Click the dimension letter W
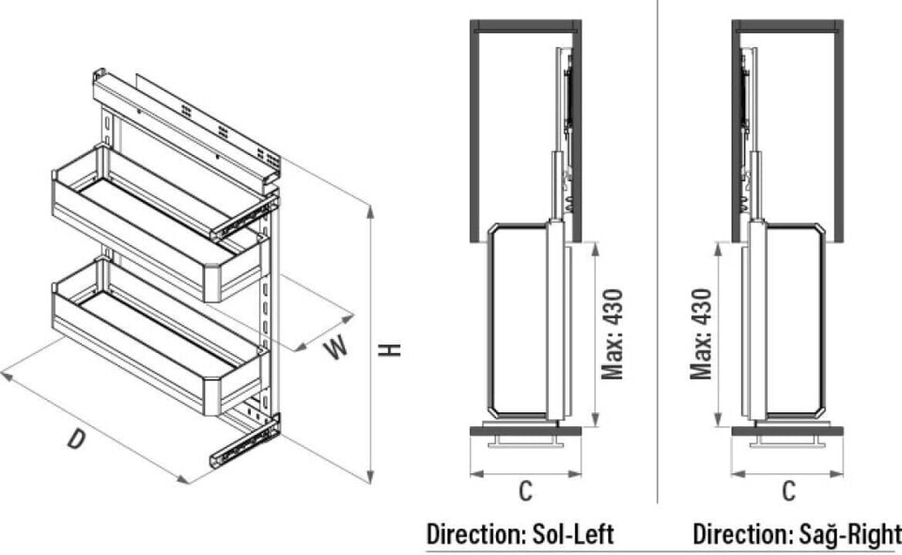click(x=335, y=347)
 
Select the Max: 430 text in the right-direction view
click(x=701, y=334)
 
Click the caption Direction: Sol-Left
click(x=520, y=535)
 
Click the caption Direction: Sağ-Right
click(x=795, y=535)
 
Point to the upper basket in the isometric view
click(x=155, y=221)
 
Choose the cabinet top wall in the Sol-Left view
click(x=525, y=25)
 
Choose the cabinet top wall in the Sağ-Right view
click(x=787, y=25)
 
